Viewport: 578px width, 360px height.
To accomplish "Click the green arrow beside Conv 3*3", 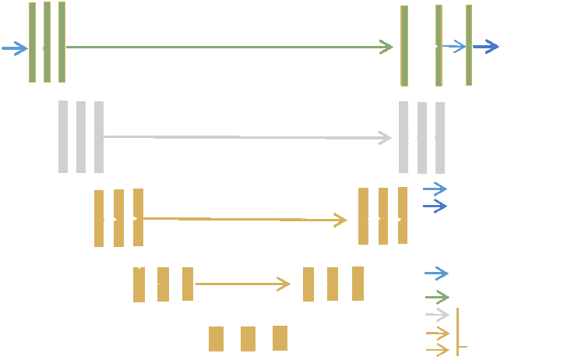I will tap(436, 296).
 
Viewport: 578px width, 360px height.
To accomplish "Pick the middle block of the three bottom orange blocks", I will tap(248, 339).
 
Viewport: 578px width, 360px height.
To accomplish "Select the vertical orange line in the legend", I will tap(458, 332).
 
